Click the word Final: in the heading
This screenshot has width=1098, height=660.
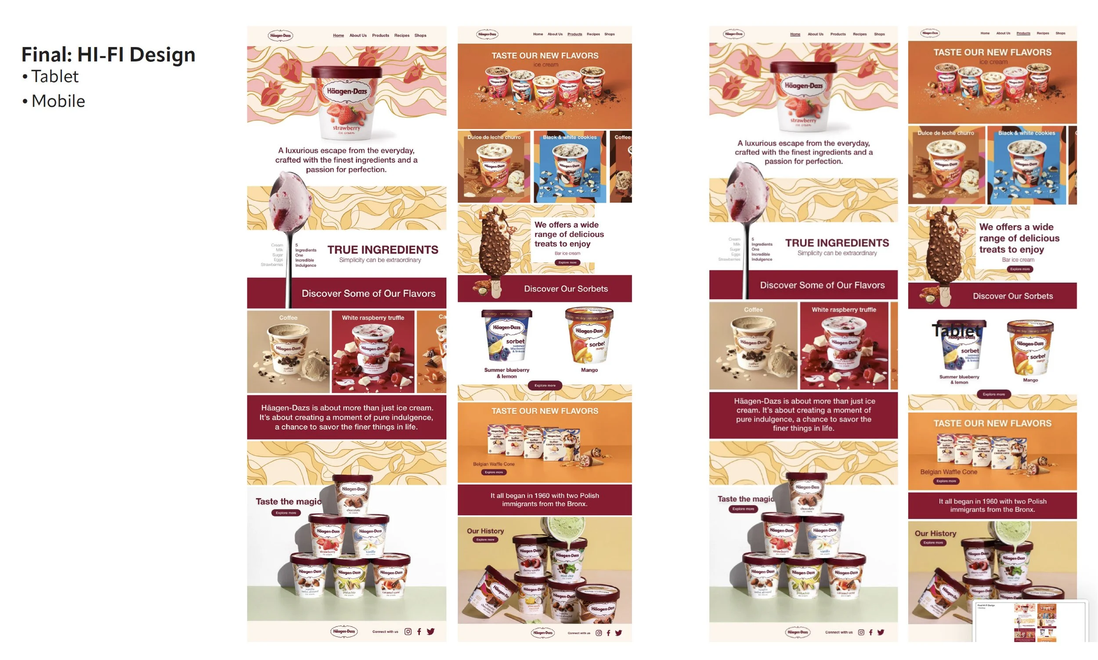[x=46, y=55]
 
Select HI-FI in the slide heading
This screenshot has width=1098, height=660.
[x=101, y=55]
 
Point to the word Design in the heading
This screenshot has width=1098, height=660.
[x=162, y=55]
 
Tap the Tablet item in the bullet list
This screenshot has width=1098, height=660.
[x=54, y=76]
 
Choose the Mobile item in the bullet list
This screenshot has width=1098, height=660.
[x=58, y=101]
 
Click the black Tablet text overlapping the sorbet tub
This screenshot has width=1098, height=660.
[x=956, y=330]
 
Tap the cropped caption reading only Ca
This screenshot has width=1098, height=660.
[x=441, y=317]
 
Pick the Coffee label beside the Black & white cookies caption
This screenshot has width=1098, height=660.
[x=622, y=137]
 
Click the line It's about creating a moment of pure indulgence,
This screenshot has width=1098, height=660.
[x=346, y=417]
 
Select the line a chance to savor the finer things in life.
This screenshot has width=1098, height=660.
[x=346, y=427]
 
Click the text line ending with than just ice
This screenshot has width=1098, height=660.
[x=804, y=401]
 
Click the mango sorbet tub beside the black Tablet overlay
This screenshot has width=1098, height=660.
[x=1029, y=347]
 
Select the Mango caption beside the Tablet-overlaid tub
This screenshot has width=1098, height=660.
[x=1030, y=380]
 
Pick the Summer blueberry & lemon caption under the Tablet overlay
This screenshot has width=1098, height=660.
[x=959, y=379]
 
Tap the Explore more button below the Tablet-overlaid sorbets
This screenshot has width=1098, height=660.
[x=993, y=394]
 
